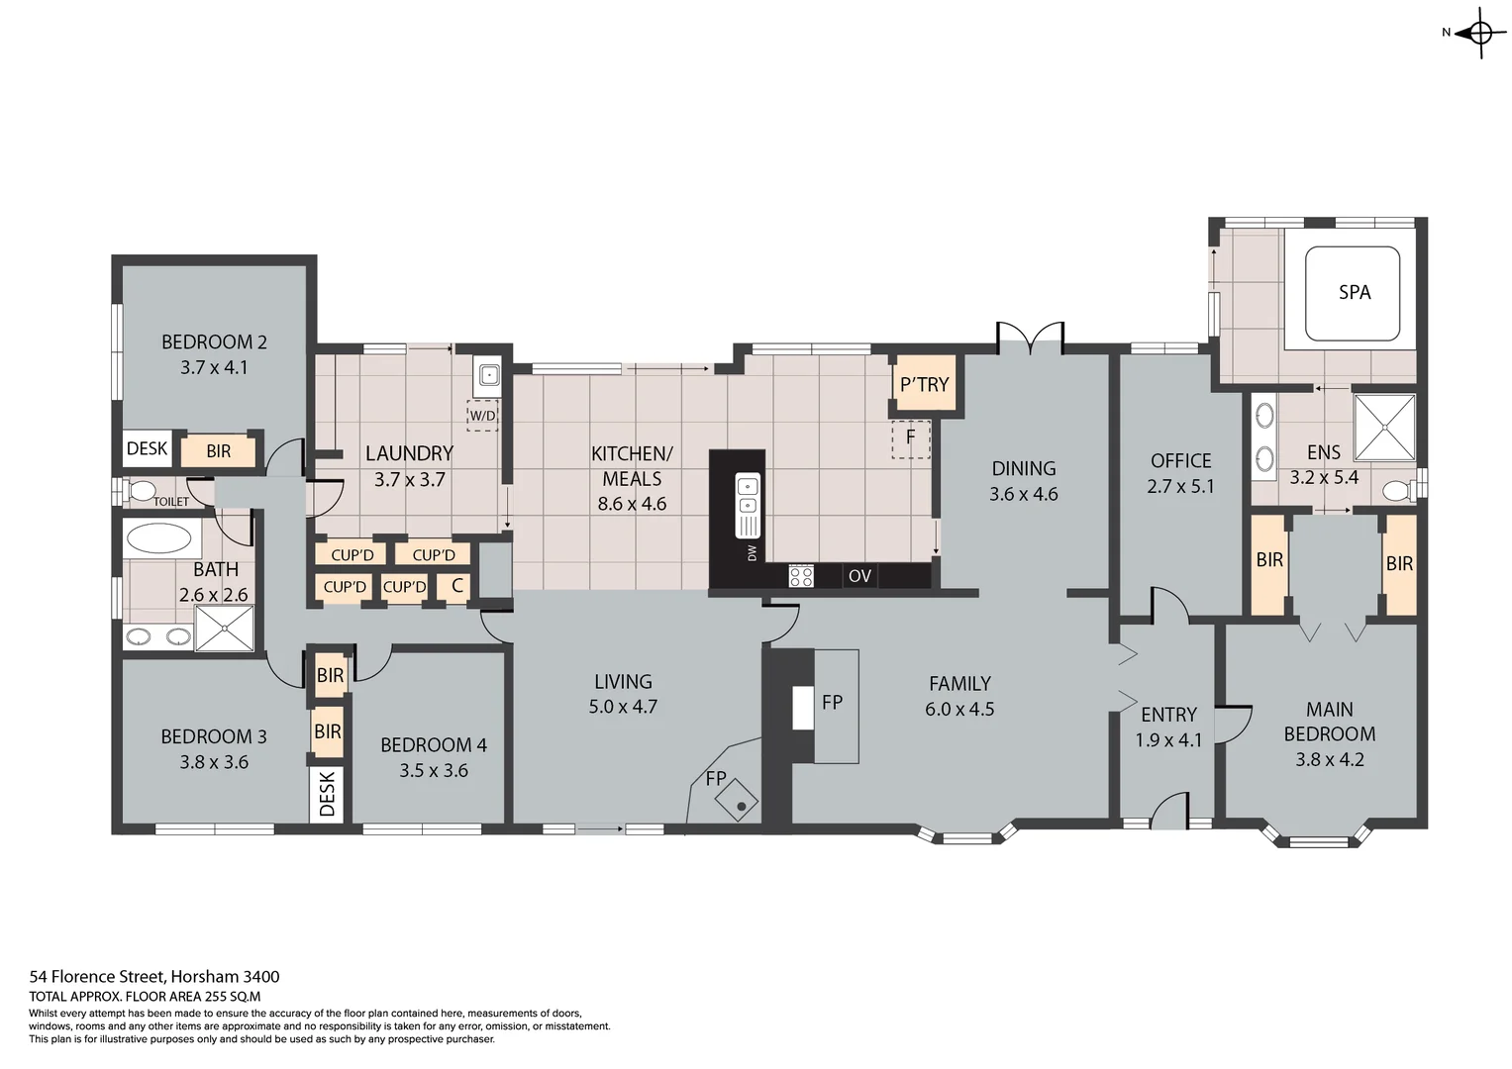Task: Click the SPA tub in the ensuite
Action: click(1353, 293)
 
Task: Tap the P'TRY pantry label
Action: click(924, 384)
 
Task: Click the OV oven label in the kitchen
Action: click(859, 575)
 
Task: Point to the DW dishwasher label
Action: click(752, 553)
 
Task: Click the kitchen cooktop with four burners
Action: click(801, 575)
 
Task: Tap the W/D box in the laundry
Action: click(482, 416)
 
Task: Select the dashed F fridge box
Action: click(911, 437)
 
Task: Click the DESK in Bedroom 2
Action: click(147, 449)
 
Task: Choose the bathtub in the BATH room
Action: click(159, 539)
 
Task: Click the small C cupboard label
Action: click(456, 586)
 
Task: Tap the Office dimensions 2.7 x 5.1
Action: click(1180, 486)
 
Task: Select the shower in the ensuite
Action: click(1384, 427)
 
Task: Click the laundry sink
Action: click(487, 375)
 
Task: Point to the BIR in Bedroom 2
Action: click(219, 451)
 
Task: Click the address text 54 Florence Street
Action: click(153, 977)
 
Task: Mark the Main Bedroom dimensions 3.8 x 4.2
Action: click(1329, 759)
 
